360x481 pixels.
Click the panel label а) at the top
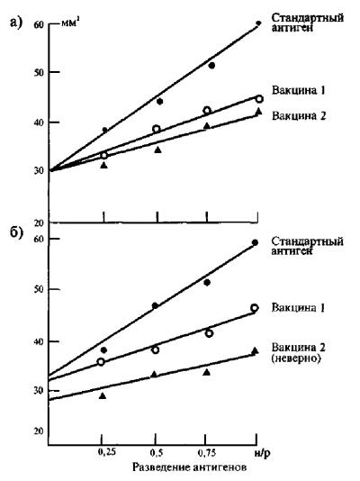point(16,23)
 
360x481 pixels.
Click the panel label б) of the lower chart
point(16,233)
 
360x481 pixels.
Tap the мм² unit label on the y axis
point(71,23)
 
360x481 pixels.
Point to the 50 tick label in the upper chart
point(39,73)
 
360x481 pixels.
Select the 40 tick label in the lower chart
point(39,341)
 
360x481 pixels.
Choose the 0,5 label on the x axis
point(157,453)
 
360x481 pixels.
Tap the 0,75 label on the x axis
point(208,452)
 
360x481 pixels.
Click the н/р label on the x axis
point(262,453)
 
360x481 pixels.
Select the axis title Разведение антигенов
point(190,467)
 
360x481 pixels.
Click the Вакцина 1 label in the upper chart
point(298,90)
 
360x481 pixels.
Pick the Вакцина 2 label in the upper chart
point(299,115)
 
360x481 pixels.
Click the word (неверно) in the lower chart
point(296,358)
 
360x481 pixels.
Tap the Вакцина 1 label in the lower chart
point(298,307)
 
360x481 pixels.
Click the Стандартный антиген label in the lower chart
point(307,246)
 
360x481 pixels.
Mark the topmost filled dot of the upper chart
point(258,23)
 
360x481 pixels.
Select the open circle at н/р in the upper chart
point(259,99)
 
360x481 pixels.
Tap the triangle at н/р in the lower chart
point(255,350)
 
